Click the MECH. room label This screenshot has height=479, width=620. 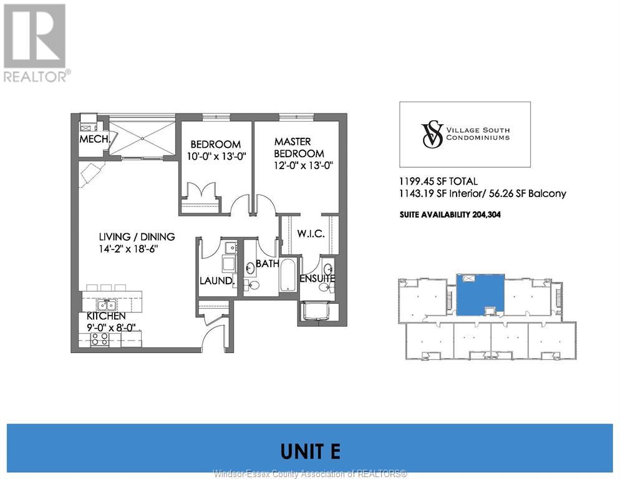94,139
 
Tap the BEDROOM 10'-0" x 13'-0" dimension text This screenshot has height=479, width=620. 216,157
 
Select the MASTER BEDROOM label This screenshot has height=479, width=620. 299,148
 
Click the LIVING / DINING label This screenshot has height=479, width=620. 137,236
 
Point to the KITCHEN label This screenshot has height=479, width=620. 106,316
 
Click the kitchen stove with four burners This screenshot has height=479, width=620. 100,339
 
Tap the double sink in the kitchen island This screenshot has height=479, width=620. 107,305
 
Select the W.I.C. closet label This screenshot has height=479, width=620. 311,233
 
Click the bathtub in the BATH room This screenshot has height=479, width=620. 288,275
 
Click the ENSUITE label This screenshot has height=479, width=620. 317,278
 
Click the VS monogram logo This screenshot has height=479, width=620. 432,135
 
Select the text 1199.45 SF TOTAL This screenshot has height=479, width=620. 438,181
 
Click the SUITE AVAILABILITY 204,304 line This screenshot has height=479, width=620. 450,215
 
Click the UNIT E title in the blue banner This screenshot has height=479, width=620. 311,452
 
